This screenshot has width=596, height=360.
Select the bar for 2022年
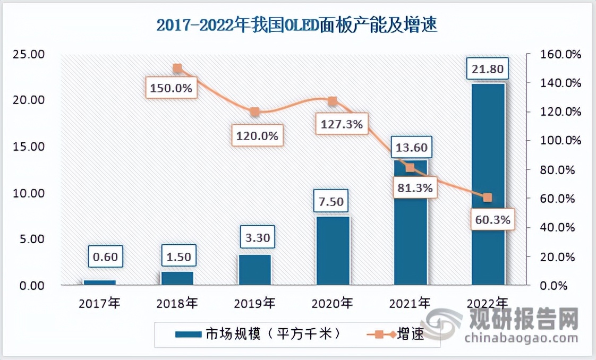click(x=488, y=184)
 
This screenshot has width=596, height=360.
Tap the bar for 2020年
click(x=333, y=250)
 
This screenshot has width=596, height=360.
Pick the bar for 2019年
click(x=254, y=270)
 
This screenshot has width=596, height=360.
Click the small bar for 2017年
click(x=99, y=282)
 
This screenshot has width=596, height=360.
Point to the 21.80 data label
click(x=488, y=68)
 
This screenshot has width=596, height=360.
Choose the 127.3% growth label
click(x=342, y=124)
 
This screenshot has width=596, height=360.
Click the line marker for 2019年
click(x=255, y=112)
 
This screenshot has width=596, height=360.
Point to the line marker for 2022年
click(x=488, y=198)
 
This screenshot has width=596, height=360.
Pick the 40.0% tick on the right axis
click(x=557, y=227)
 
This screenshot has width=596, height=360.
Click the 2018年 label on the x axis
click(x=177, y=304)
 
